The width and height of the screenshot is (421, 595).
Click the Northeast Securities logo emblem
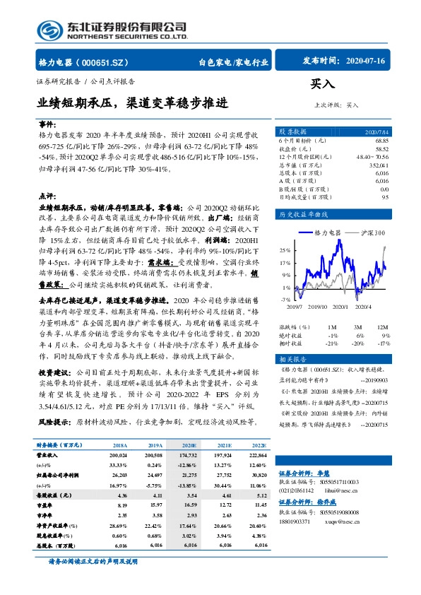50,30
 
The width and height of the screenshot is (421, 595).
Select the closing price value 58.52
381,149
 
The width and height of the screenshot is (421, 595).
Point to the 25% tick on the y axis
285,250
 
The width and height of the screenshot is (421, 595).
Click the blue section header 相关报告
293,358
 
